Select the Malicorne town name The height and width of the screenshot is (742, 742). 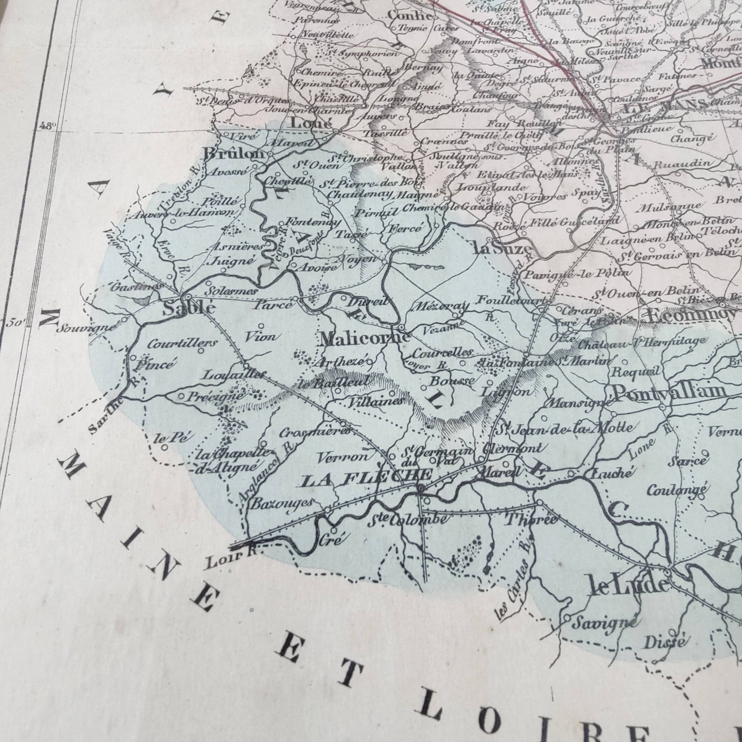[365, 338]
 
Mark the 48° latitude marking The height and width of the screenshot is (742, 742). [48, 125]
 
